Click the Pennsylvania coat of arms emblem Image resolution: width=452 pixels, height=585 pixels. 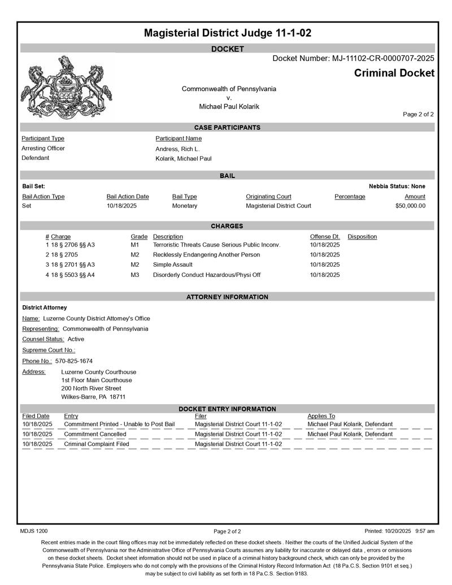coord(66,86)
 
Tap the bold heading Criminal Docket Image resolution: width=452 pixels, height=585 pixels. coord(394,73)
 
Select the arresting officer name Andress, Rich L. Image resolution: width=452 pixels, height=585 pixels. coord(177,149)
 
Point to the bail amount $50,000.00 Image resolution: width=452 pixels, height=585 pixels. coord(410,206)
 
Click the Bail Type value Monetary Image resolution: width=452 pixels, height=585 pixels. coord(185,206)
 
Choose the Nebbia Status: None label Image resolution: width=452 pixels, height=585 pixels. coord(397,186)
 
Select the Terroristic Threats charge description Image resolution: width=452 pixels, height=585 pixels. coord(216,245)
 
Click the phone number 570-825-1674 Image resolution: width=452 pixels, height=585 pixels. coord(74,361)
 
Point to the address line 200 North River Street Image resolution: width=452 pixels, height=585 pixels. coord(91,388)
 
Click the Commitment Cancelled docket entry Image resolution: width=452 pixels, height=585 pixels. coord(95,434)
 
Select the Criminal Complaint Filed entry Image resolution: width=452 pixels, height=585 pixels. coord(97,444)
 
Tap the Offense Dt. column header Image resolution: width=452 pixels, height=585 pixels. coord(324,236)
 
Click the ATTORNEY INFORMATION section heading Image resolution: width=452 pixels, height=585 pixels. coord(227,297)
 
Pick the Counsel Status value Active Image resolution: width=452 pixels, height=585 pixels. coord(76,339)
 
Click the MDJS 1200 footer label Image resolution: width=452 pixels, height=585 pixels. coord(34,531)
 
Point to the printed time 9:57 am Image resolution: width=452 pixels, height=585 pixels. coord(424,531)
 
